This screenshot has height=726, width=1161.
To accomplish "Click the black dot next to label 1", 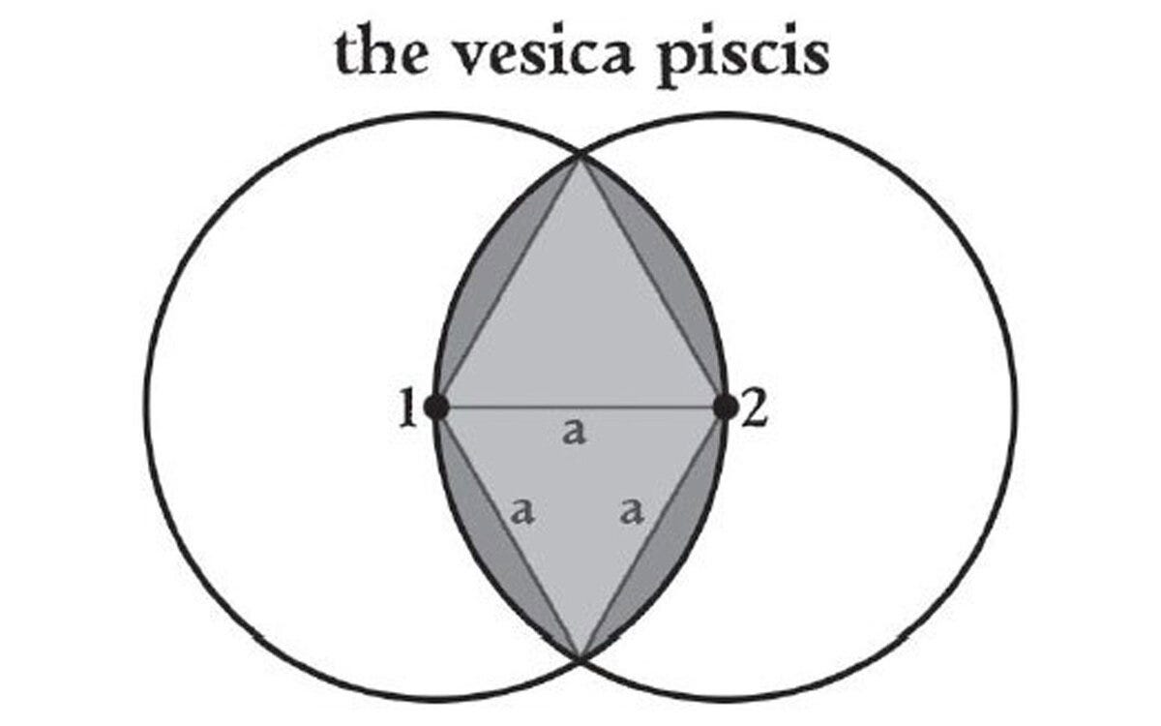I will (436, 408).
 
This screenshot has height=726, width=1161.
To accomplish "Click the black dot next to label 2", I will (725, 408).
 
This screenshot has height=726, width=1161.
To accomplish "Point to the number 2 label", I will (755, 408).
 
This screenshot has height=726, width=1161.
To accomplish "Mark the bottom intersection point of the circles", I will (580, 658).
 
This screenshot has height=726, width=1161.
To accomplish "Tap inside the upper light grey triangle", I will (580, 319).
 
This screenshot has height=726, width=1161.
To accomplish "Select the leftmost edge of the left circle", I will (146, 408).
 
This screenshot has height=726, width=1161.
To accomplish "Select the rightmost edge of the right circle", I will (1015, 408).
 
